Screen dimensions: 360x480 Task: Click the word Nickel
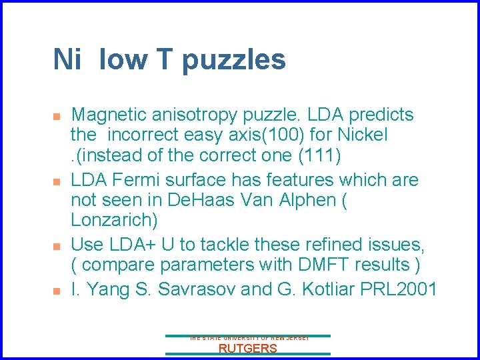coord(359,135)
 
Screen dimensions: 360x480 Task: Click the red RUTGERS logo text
coord(247,348)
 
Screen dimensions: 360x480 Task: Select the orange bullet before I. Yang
coord(57,291)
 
